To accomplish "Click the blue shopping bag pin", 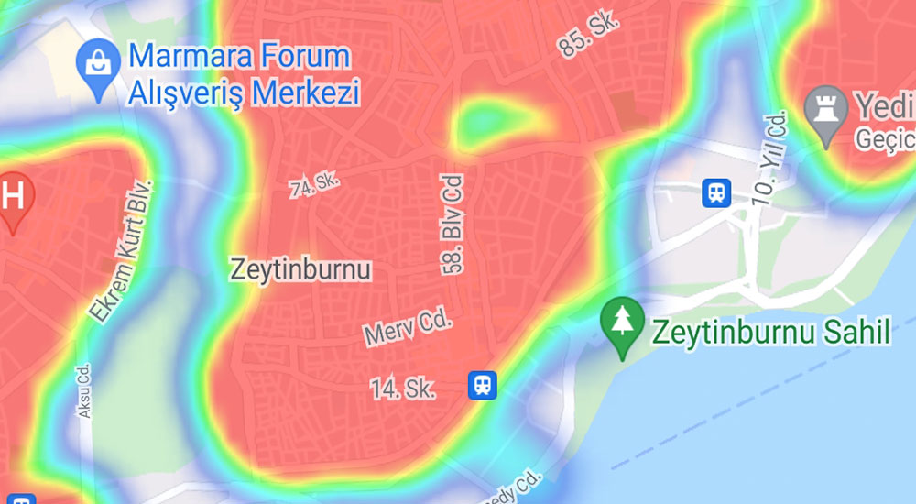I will [98, 65].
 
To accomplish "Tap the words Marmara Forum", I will [239, 57].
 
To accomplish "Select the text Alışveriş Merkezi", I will [244, 93].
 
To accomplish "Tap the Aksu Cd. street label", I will [84, 391].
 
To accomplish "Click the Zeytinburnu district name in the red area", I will [300, 270].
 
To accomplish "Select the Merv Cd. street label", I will [409, 327].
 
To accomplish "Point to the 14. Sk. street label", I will [403, 389].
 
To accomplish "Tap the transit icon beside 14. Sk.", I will [482, 385].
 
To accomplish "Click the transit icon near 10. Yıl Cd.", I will [716, 192].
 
